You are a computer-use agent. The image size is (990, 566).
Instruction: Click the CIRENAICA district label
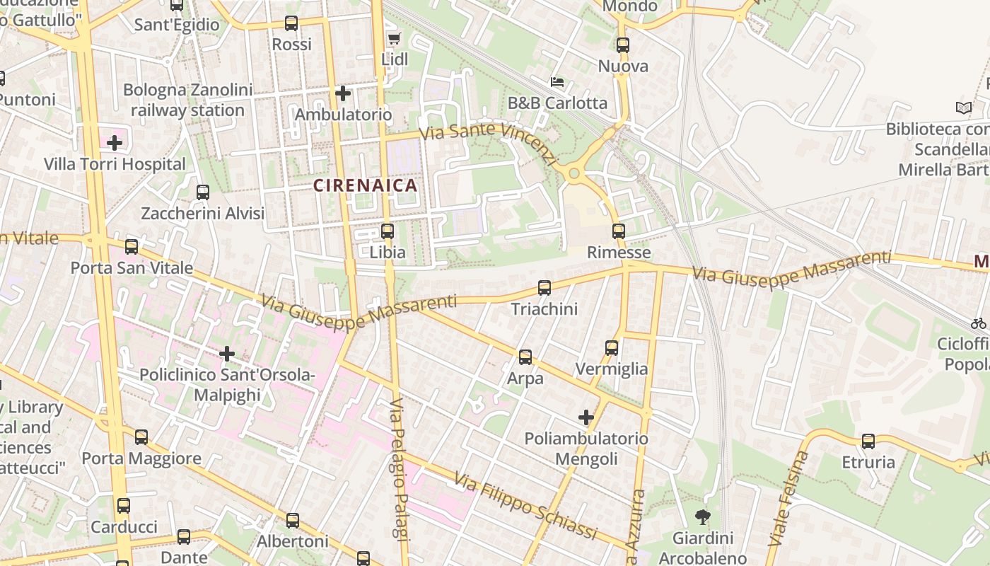(365, 186)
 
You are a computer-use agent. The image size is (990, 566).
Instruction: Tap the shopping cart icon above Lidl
(394, 39)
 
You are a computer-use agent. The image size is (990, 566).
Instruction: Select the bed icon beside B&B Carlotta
(557, 82)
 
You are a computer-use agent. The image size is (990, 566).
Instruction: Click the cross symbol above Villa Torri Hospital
(115, 143)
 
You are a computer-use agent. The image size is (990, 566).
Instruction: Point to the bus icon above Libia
(387, 231)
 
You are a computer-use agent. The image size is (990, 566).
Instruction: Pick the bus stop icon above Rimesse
(619, 231)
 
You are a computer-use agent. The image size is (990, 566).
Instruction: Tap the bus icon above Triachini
(544, 287)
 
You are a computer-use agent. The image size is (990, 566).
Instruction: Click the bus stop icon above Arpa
(525, 357)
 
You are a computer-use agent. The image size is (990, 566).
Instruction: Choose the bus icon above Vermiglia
(612, 347)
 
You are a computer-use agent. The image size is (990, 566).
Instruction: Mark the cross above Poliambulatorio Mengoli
(586, 417)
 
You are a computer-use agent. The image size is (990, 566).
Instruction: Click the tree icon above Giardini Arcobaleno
(702, 517)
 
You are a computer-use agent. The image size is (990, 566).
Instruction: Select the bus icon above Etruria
(868, 441)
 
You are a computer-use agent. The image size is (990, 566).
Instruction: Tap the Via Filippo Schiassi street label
(525, 507)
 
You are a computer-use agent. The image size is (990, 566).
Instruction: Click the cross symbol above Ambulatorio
(343, 93)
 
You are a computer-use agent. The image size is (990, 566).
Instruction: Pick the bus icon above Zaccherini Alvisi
(203, 192)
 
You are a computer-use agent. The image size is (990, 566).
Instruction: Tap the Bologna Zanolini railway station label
(187, 100)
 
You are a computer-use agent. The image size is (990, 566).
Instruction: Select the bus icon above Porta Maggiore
(141, 437)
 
